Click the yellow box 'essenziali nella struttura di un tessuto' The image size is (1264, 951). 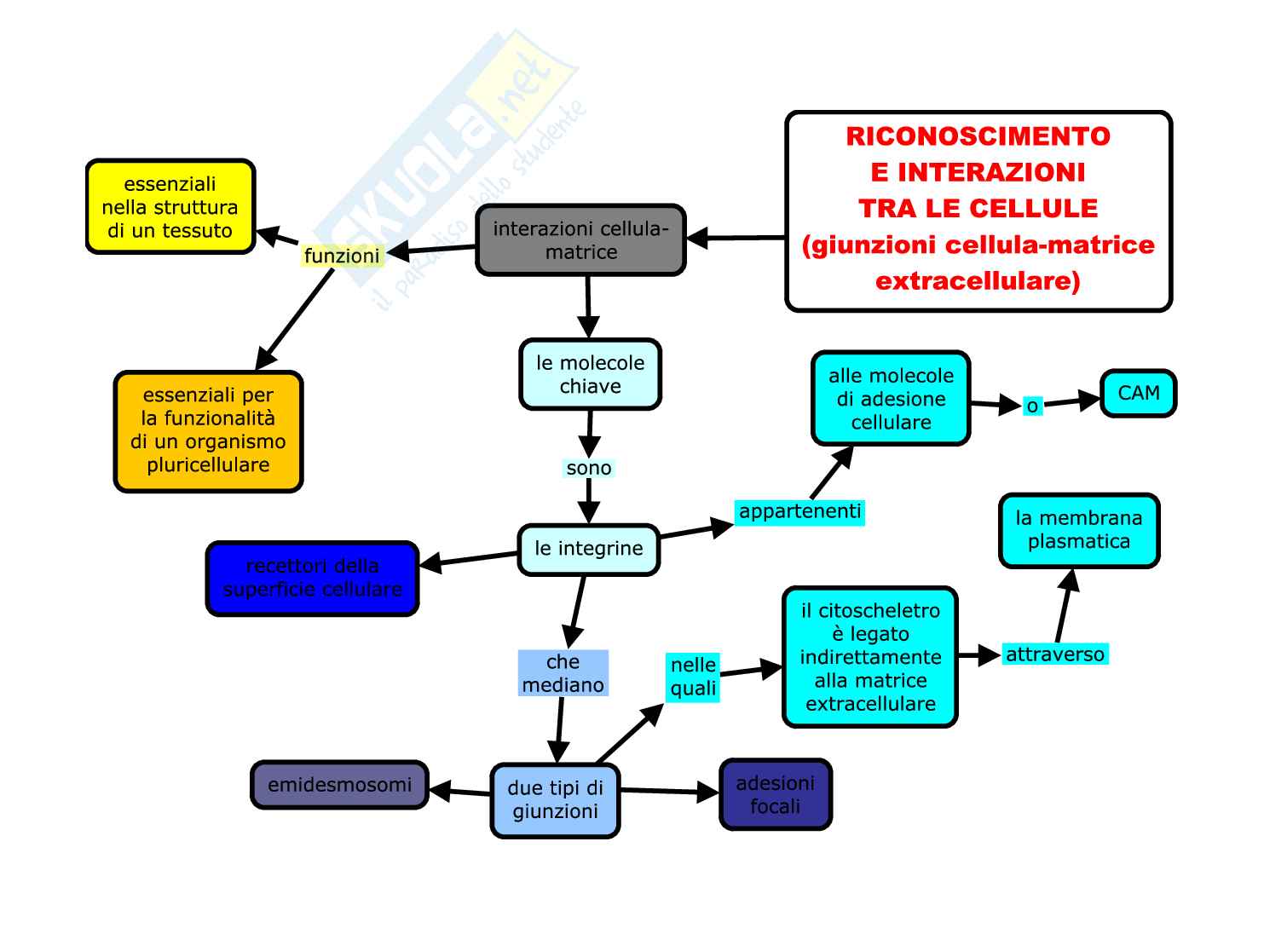pos(170,207)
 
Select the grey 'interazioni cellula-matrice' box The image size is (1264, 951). pos(580,240)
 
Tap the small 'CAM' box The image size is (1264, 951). pos(1138,393)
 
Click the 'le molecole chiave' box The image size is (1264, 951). pos(590,375)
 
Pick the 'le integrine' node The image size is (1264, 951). pos(588,549)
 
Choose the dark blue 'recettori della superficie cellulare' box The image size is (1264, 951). pos(312,578)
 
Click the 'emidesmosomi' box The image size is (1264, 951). pos(339,785)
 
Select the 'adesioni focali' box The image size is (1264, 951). pos(775,794)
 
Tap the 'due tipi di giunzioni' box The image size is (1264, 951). pos(555,800)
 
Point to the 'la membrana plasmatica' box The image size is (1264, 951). pos(1078,530)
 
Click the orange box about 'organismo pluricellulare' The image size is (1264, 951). pos(208,430)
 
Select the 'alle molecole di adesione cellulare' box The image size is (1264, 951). pos(891,399)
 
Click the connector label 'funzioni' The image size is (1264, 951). pos(342,256)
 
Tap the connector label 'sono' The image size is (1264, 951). pos(588,468)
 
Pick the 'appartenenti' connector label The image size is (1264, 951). pos(799,511)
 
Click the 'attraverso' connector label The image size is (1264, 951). pos(1054,654)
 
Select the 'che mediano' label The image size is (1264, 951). pos(563,673)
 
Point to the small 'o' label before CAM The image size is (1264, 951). pos(1032,406)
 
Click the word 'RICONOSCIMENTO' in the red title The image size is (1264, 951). pos(978,136)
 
